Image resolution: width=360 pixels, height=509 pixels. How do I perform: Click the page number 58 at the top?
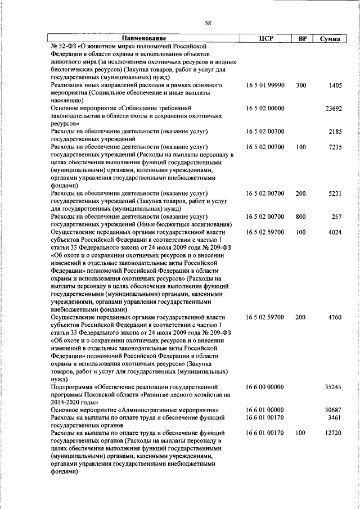pyautogui.click(x=208, y=22)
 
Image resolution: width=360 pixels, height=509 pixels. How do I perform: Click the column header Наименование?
pyautogui.click(x=143, y=38)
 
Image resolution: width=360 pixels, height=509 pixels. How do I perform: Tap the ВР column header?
pyautogui.click(x=301, y=38)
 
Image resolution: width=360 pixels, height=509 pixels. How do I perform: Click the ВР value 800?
pyautogui.click(x=301, y=217)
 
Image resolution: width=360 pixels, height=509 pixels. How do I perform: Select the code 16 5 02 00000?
pyautogui.click(x=265, y=108)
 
